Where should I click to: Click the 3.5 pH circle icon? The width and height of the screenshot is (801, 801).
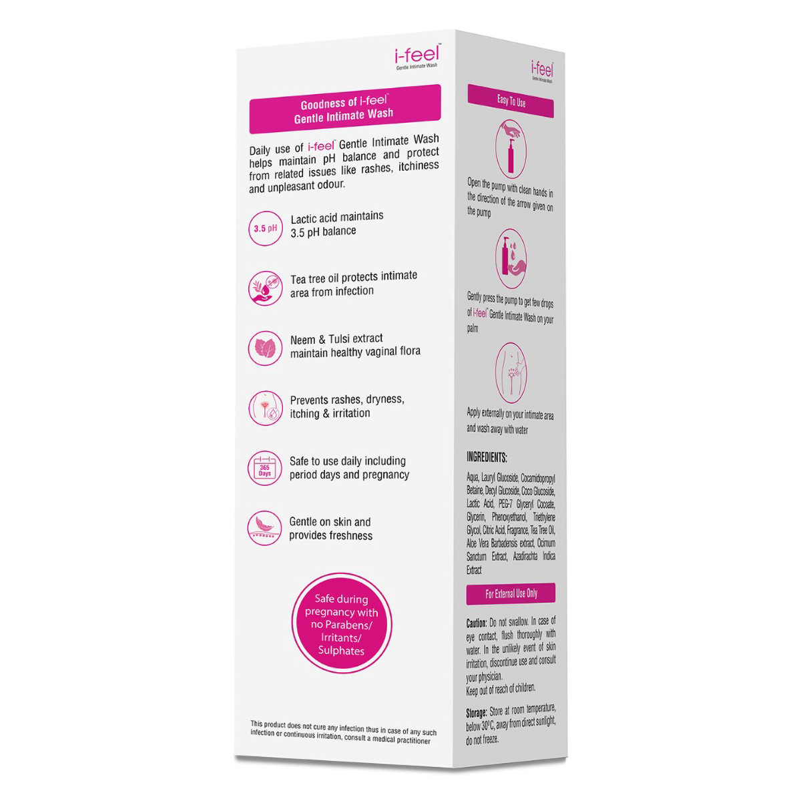click(x=265, y=229)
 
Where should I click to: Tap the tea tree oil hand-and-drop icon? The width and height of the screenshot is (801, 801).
click(x=265, y=288)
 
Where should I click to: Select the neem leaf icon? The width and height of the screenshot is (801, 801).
click(x=265, y=348)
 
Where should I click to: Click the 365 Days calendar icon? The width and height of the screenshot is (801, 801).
click(x=265, y=468)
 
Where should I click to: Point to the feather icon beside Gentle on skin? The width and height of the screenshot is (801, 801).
click(x=265, y=528)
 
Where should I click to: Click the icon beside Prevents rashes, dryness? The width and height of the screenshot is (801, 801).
click(x=265, y=408)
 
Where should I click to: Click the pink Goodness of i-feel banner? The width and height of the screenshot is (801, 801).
click(x=344, y=109)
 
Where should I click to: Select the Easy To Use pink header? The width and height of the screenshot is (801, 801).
click(x=511, y=101)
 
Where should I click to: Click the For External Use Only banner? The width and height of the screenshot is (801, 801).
click(x=511, y=593)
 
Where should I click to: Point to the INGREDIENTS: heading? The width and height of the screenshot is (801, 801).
click(x=487, y=458)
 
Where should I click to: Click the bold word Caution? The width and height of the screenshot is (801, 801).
click(x=477, y=623)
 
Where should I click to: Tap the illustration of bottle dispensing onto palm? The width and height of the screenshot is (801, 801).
click(x=512, y=258)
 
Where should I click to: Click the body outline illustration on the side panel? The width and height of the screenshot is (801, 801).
click(x=512, y=371)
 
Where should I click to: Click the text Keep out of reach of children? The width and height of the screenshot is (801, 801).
click(x=501, y=689)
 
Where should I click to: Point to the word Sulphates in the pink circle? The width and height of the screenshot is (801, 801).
click(x=341, y=651)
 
